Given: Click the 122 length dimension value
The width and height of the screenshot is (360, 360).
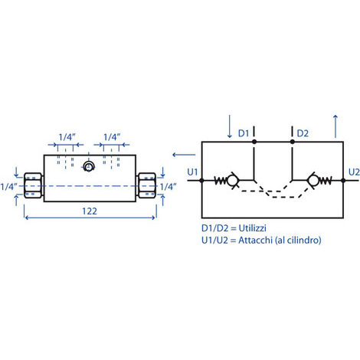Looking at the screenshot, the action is tap(90, 211).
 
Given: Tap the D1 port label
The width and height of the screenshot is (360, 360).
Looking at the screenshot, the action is tap(244, 133).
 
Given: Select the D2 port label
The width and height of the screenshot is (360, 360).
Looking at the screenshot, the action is tap(303, 133).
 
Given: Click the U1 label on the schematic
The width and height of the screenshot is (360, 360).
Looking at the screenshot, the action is tap(192, 172).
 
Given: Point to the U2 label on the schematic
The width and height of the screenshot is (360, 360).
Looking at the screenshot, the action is tap(354, 172).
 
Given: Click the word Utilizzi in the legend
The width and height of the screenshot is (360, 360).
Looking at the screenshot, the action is tap(252, 228).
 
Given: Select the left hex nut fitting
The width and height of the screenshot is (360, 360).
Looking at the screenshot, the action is tap(33, 185).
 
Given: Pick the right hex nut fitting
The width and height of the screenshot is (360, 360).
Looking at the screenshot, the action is tap(146, 185).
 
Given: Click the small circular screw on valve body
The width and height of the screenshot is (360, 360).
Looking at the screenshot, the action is tap(89, 167).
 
